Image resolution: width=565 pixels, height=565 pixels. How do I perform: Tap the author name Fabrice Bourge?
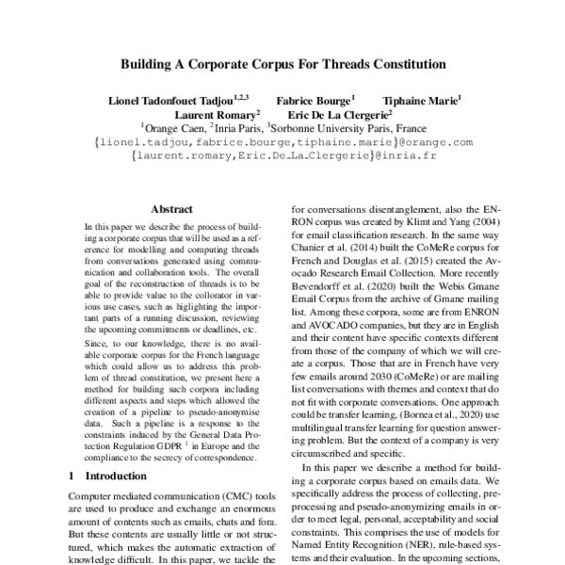(x=314, y=99)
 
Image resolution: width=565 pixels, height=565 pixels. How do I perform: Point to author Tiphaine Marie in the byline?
(x=420, y=99)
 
